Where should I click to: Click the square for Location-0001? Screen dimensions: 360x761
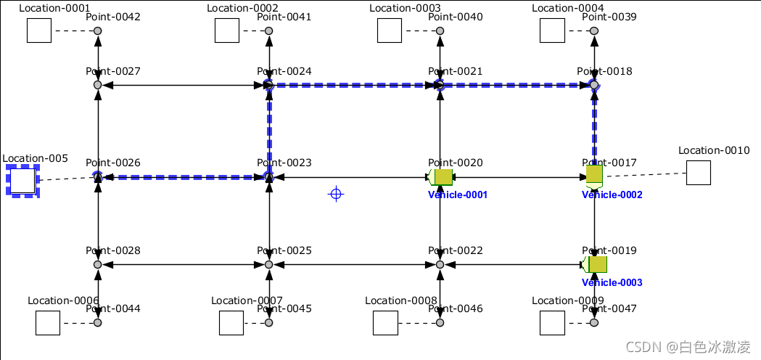[39, 30]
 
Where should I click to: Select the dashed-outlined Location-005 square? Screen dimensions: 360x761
[22, 181]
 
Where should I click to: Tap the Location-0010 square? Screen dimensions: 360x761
[699, 173]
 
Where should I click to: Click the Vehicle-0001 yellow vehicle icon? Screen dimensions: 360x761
[442, 177]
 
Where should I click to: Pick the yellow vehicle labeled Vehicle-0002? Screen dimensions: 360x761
[595, 175]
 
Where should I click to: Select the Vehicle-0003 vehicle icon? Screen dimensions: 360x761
[596, 264]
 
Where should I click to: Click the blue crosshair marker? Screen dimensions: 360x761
[335, 194]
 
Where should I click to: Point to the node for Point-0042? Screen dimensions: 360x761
[98, 30]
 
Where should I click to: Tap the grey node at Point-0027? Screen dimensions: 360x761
[98, 85]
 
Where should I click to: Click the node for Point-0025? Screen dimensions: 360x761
[269, 265]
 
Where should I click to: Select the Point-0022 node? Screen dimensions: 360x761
[440, 265]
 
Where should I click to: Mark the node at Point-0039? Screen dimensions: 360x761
[595, 30]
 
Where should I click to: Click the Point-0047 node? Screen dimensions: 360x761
[595, 322]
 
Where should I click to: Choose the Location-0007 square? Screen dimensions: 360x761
[231, 323]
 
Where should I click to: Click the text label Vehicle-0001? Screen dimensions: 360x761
[458, 195]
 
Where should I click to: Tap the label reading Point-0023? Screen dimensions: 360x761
[284, 163]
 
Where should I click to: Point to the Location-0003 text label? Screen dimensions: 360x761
[405, 9]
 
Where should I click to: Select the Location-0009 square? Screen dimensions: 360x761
[552, 323]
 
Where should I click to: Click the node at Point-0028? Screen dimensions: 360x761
[98, 265]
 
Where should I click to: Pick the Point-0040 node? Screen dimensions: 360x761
[440, 30]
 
